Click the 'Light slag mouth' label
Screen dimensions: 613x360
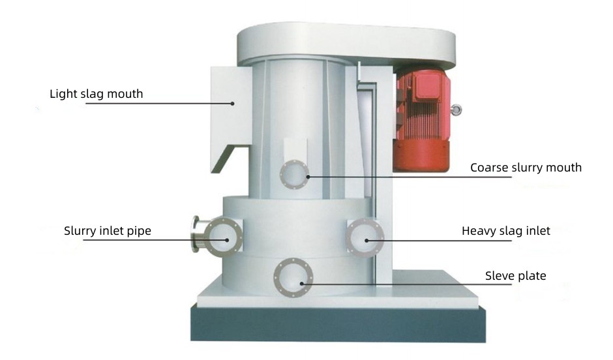pos(96,94)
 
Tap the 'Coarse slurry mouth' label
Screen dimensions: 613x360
pos(526,168)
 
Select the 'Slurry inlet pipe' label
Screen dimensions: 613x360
pos(108,231)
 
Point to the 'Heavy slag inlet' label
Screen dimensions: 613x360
pos(506,231)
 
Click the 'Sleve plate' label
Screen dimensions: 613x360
pos(516,276)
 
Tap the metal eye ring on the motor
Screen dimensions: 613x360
pos(456,110)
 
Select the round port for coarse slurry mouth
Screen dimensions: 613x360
pos(294,174)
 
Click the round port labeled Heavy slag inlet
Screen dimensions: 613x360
pos(365,237)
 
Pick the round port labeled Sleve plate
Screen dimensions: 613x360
pos(293,278)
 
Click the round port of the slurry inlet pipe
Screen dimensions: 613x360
pos(223,237)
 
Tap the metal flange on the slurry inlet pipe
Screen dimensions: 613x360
pos(196,234)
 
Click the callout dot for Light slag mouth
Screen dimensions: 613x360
pos(232,104)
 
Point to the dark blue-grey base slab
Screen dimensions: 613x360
pos(338,323)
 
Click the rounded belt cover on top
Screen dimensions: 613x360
pos(346,43)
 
